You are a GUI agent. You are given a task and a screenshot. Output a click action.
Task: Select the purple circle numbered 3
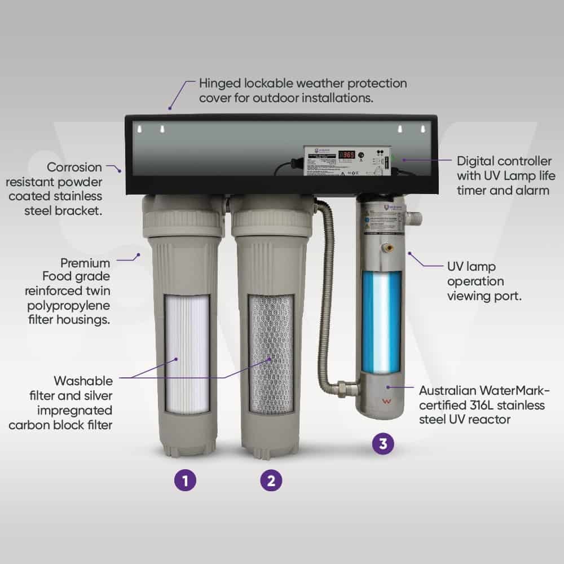[x=383, y=443]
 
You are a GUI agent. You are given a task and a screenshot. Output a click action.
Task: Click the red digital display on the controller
[x=346, y=155]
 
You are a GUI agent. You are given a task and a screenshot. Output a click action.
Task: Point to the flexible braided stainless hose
[x=324, y=293]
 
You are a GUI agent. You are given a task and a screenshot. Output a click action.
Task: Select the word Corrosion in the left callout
[x=74, y=168]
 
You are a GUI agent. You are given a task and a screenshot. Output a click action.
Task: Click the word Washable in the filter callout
[x=83, y=380]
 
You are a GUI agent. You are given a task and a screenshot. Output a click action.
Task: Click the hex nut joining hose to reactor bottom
[x=343, y=390]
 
